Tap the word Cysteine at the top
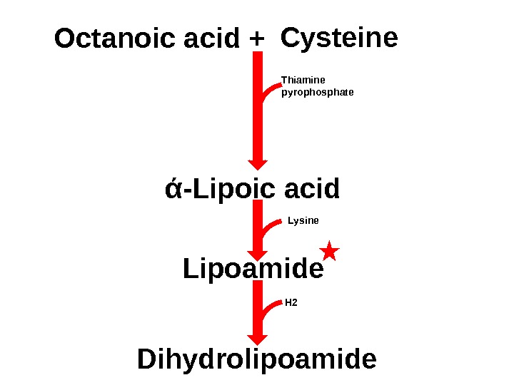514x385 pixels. (339, 38)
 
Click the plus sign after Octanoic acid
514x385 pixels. (257, 40)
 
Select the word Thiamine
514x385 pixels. (303, 80)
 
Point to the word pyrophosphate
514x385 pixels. (318, 92)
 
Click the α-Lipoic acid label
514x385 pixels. (252, 190)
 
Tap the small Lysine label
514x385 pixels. (303, 220)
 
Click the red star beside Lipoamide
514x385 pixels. (329, 250)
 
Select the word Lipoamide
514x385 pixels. (253, 269)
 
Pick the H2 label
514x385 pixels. (291, 302)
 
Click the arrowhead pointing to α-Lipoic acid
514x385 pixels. (258, 165)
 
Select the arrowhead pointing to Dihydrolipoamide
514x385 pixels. (258, 337)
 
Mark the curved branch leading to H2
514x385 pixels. (271, 307)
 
